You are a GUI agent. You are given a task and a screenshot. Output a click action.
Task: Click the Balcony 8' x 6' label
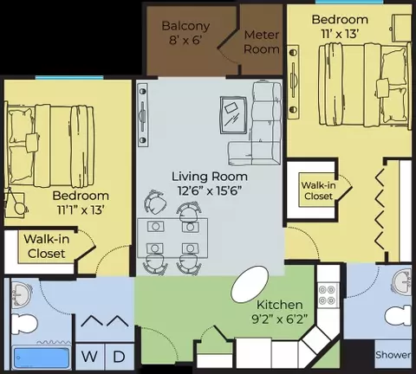(x=185, y=33)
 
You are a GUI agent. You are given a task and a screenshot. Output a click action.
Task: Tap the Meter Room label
(x=262, y=42)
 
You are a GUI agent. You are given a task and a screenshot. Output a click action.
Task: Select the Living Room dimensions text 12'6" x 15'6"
(x=210, y=190)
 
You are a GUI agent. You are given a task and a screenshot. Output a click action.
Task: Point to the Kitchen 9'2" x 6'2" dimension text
(x=280, y=319)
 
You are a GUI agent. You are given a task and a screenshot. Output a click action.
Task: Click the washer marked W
(x=89, y=357)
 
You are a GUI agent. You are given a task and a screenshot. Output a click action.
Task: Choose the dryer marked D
(x=120, y=357)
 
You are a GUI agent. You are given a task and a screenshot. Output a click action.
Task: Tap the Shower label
(x=393, y=355)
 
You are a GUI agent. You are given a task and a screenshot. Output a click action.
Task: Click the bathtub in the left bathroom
(x=42, y=358)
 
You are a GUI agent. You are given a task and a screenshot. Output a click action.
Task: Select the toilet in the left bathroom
(x=23, y=324)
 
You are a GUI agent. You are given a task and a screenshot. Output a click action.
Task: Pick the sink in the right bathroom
(x=401, y=282)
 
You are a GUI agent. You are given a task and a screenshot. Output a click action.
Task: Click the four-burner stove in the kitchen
(x=327, y=294)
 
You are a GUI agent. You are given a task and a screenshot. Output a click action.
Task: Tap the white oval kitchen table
(x=250, y=284)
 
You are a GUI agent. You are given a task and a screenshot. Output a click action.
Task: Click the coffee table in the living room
(x=233, y=115)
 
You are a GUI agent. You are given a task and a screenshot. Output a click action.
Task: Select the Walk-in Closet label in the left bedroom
(x=46, y=246)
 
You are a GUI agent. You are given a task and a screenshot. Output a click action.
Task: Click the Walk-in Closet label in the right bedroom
(x=319, y=190)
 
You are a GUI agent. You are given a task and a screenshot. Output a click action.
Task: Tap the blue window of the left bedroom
(x=69, y=77)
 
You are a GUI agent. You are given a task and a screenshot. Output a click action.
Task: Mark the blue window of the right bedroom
(x=349, y=2)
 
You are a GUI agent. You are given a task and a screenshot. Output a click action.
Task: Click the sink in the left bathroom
(x=22, y=295)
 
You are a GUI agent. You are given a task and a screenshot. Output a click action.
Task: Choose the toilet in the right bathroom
(x=399, y=316)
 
